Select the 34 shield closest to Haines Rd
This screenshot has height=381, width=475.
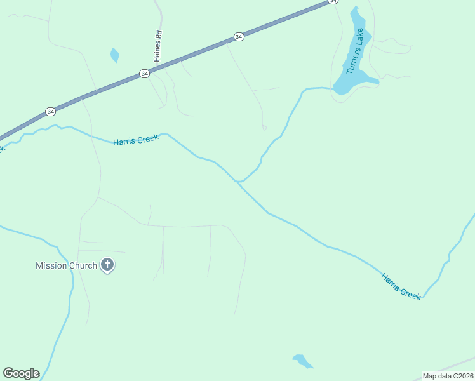(145, 74)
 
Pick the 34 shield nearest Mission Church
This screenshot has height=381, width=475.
(50, 112)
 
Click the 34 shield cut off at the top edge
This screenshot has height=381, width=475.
(333, 2)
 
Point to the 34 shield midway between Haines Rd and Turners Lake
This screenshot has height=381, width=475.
(238, 37)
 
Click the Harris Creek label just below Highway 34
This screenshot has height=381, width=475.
(135, 140)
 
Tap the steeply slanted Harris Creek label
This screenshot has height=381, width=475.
(401, 286)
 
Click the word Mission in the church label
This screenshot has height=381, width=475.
(51, 265)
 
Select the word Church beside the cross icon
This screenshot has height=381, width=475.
(83, 265)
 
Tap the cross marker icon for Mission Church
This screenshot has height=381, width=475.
(107, 265)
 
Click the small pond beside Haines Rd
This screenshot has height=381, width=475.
(114, 55)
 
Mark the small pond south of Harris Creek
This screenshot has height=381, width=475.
(302, 361)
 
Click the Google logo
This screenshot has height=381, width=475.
(21, 373)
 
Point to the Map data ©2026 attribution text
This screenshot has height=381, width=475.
(448, 376)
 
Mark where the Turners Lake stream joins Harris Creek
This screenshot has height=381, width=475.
(239, 182)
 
